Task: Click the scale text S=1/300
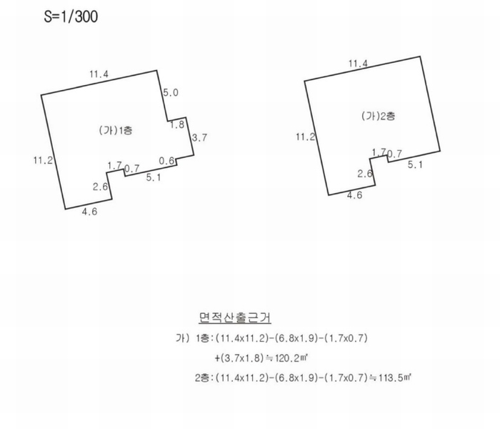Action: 71,16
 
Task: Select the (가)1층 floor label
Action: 116,130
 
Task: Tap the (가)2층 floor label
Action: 378,116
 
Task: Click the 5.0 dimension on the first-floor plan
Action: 171,92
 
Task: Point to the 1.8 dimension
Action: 177,124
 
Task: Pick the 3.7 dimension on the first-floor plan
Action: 199,137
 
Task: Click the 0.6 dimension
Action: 166,161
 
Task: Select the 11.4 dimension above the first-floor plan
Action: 99,74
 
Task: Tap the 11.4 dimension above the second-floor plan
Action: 358,64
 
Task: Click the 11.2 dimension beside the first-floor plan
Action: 43,160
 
